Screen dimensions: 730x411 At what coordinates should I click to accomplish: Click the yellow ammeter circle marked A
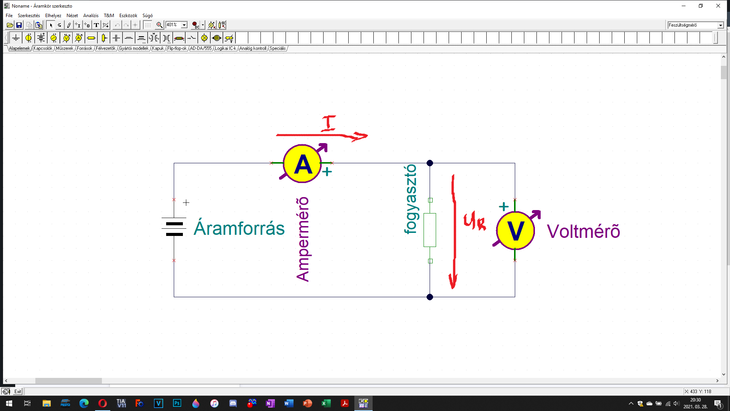(303, 164)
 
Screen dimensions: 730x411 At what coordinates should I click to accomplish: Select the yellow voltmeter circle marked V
(516, 231)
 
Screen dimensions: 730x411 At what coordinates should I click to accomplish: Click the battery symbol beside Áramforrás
(174, 227)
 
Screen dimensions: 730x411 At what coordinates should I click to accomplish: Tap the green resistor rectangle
(430, 230)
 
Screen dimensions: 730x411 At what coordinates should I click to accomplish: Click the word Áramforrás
(239, 228)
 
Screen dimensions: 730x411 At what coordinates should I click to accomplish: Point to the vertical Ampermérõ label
(303, 239)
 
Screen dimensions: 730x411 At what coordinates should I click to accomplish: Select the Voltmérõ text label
(583, 231)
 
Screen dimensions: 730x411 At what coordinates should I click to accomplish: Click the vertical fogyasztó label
(410, 199)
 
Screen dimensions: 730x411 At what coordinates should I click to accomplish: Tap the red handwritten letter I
(328, 123)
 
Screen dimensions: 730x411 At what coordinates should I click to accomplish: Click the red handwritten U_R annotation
(474, 221)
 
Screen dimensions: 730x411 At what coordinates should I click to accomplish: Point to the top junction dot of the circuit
(430, 163)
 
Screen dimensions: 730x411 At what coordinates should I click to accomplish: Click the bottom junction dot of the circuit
(430, 297)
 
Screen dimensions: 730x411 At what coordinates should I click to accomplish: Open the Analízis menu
(90, 16)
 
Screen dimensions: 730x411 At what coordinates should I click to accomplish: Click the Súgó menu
(148, 16)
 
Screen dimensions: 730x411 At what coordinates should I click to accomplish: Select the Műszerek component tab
(65, 48)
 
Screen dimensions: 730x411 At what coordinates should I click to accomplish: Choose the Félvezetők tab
(105, 48)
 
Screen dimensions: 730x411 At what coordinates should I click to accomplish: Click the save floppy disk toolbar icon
(19, 25)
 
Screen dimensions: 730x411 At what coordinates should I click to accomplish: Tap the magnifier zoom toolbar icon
(159, 25)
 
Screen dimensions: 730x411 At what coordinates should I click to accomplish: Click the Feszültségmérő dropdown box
(695, 25)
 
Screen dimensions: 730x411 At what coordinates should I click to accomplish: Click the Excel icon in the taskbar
(326, 403)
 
